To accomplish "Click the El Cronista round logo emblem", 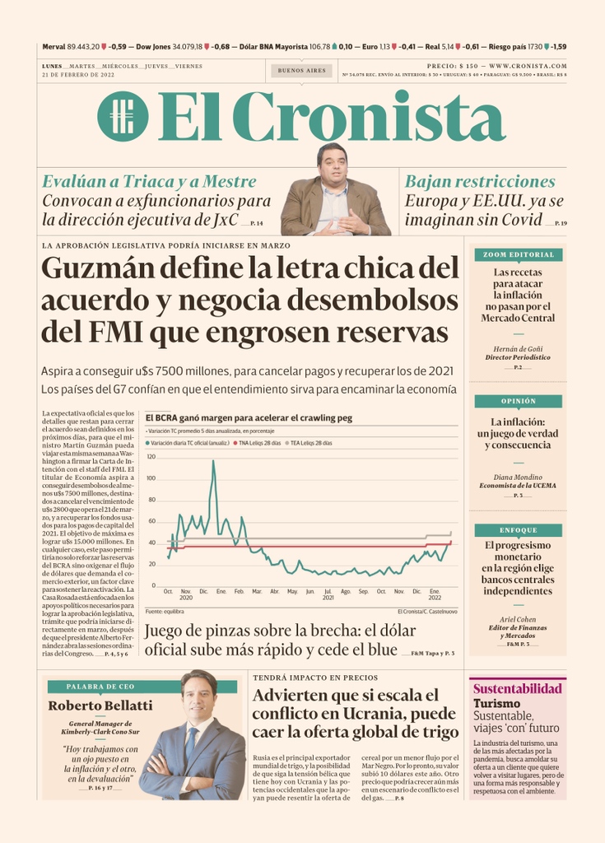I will click(123, 116).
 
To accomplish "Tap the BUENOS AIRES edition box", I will click(301, 71).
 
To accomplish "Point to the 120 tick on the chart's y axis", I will click(151, 456).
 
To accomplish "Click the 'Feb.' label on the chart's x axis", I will click(239, 592).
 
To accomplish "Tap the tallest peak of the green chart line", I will click(213, 461).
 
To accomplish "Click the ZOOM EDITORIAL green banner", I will click(518, 254).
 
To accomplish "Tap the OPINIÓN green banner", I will click(518, 401).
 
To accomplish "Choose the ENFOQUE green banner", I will click(518, 530).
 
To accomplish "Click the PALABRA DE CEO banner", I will click(100, 687).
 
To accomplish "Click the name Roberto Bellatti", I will click(100, 706).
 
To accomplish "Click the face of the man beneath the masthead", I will click(333, 168).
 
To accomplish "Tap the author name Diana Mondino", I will click(518, 477).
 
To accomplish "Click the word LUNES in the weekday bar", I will click(54, 66).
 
